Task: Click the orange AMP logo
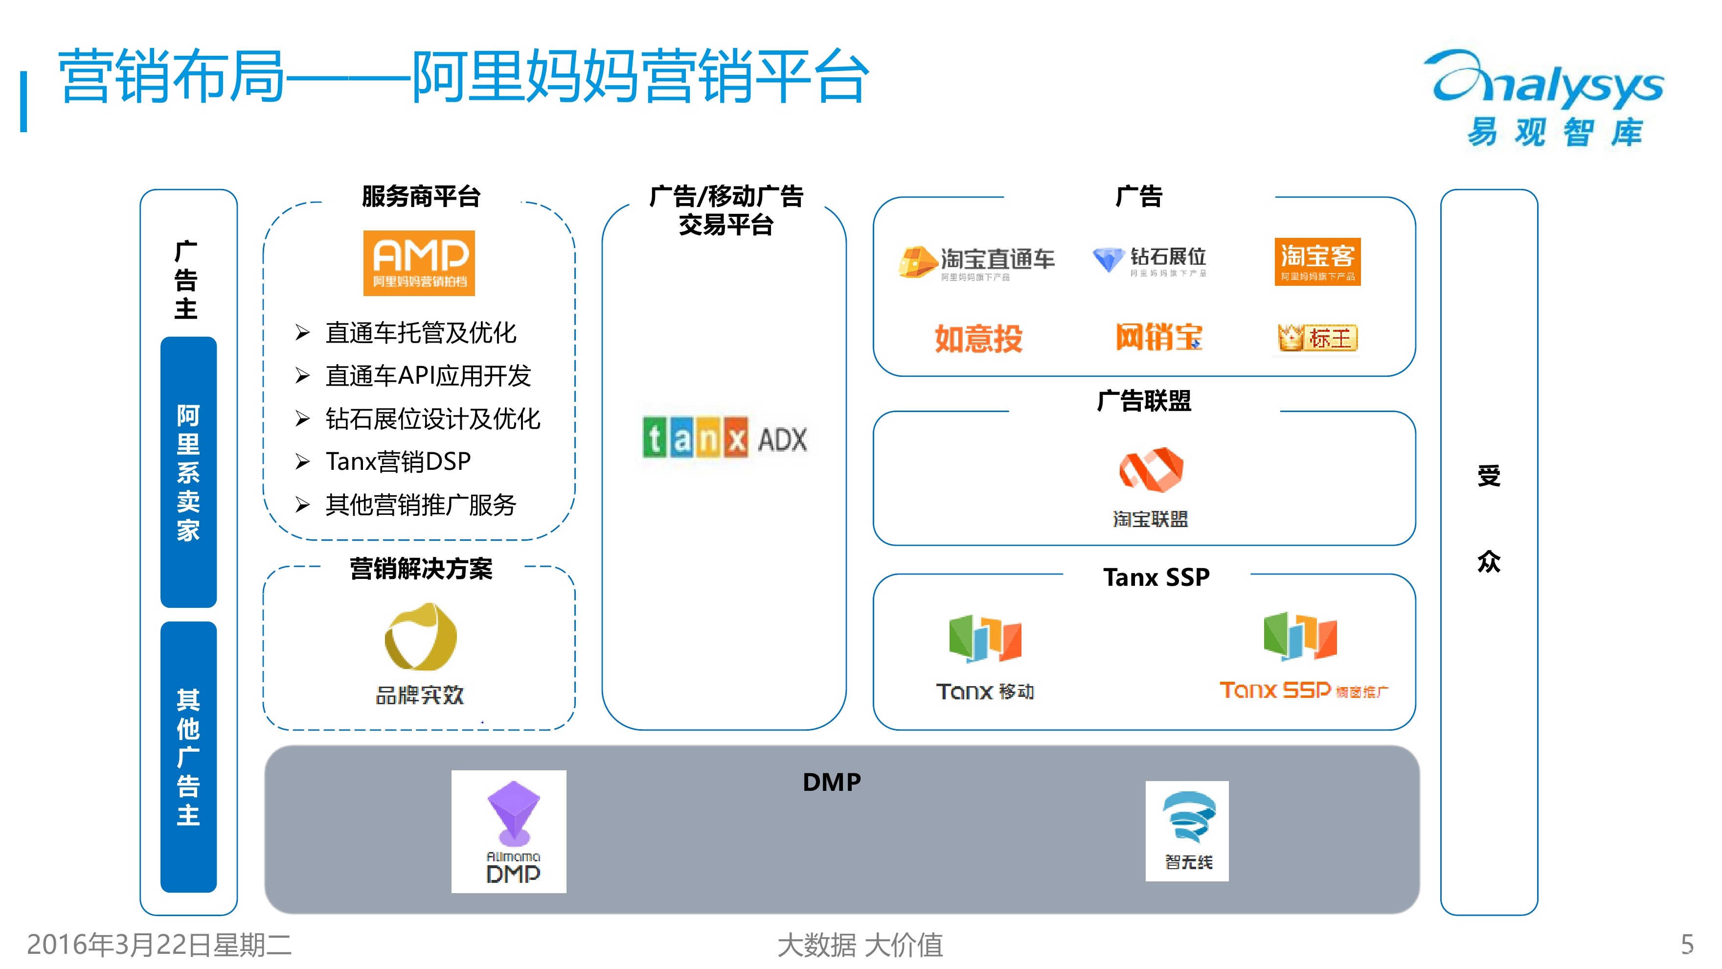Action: [418, 263]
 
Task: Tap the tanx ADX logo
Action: [725, 438]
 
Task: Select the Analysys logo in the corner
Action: [1547, 97]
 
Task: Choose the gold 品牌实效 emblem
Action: [421, 637]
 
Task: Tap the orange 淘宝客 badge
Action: [1317, 261]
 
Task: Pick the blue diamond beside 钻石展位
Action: [1108, 259]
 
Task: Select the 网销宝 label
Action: [1158, 337]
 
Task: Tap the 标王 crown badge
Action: [1317, 338]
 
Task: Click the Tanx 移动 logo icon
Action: [985, 639]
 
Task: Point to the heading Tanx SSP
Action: [1156, 577]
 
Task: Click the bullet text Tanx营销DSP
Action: [398, 461]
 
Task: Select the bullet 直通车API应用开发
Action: [428, 376]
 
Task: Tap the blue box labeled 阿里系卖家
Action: [188, 472]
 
